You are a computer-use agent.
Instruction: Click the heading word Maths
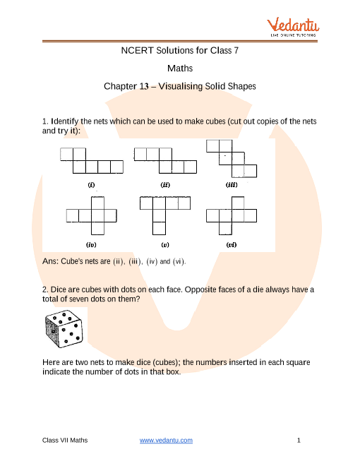click(179, 68)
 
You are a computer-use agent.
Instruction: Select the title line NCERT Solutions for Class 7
click(179, 51)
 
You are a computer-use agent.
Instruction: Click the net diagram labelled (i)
click(92, 161)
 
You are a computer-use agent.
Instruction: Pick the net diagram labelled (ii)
click(165, 161)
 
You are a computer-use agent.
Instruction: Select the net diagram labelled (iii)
click(232, 159)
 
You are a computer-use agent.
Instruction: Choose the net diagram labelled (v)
click(165, 215)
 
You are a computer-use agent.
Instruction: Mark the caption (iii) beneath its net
click(232, 185)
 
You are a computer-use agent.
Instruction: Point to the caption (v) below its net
click(165, 245)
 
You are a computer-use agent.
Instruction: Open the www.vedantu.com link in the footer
click(167, 441)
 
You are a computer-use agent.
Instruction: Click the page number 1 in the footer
click(299, 441)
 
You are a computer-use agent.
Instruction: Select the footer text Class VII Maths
click(65, 441)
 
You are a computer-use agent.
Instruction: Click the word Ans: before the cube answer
click(53, 262)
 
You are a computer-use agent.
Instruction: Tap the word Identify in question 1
click(66, 122)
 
